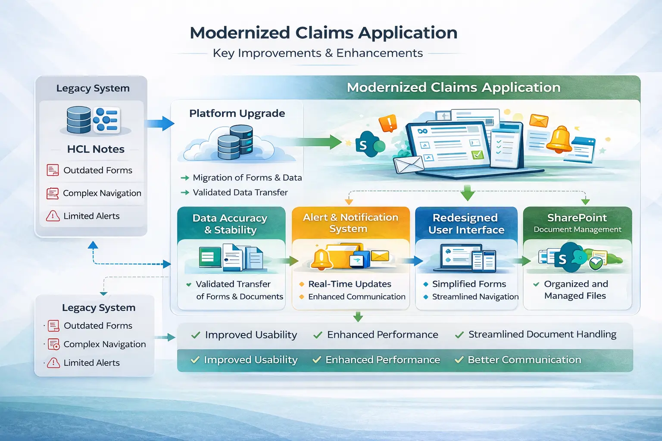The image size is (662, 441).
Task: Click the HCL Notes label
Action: [96, 149]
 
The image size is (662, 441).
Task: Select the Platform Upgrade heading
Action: [237, 113]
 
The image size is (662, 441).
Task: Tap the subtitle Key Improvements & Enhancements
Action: [318, 53]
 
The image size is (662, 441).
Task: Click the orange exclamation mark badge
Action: [387, 123]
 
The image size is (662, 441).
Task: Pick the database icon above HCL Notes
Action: [79, 120]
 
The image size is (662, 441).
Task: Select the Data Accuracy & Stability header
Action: [230, 224]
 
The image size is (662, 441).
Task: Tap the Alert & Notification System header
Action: [350, 223]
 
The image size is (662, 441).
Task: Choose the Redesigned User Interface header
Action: [466, 224]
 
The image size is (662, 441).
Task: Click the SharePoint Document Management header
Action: [577, 223]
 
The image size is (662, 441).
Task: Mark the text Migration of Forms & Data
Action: [247, 178]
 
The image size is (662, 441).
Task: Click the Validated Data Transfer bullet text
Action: [240, 193]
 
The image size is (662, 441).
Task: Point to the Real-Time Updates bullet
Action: [350, 284]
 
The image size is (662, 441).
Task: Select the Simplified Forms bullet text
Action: [469, 284]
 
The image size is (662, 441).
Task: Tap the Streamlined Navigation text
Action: [475, 297]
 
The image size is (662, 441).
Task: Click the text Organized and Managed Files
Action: [575, 290]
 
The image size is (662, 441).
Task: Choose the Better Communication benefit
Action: [524, 360]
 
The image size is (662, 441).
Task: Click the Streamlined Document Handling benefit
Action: [542, 335]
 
